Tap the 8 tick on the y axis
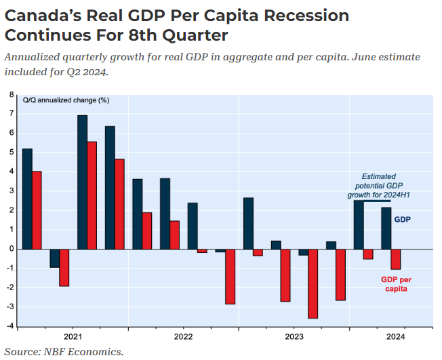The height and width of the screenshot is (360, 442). point(12,94)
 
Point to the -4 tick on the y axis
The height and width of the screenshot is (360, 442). point(10,327)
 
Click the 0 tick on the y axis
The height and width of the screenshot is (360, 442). point(12,249)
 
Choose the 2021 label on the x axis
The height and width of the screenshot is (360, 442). point(73,336)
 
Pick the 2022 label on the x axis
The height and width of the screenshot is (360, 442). point(183,336)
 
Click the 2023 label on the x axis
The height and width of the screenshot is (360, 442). point(294,336)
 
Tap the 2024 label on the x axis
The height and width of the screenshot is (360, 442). point(395,336)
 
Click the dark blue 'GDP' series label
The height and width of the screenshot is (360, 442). point(403,220)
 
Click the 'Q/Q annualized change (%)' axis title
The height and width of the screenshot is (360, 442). point(66,100)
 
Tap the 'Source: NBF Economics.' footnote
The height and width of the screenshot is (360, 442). point(64,351)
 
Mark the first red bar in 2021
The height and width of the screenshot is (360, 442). point(37,210)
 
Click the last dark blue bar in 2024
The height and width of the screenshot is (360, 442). point(386,228)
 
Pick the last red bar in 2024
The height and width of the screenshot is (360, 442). point(396,259)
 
